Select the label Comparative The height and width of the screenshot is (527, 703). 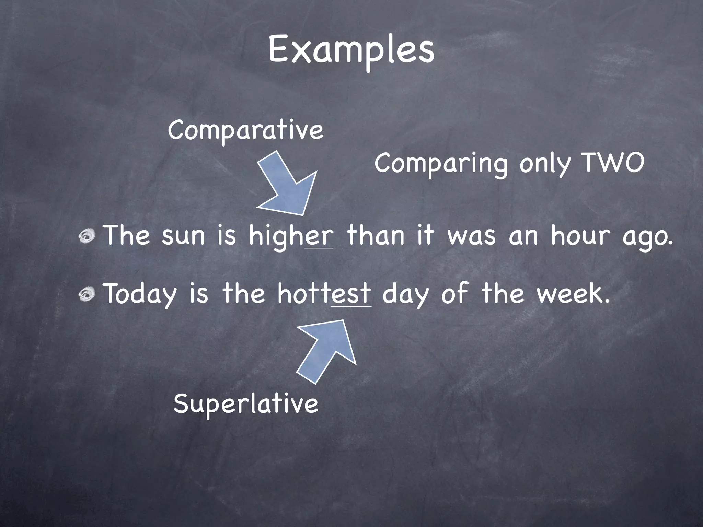coord(245,130)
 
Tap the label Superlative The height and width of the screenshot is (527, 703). coord(246,403)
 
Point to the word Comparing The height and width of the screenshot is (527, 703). coord(441,164)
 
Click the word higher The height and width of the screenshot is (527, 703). coord(291,236)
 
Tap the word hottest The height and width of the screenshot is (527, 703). coord(324,294)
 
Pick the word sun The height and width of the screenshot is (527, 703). coord(183,236)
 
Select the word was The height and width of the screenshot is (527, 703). coord(472,236)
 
